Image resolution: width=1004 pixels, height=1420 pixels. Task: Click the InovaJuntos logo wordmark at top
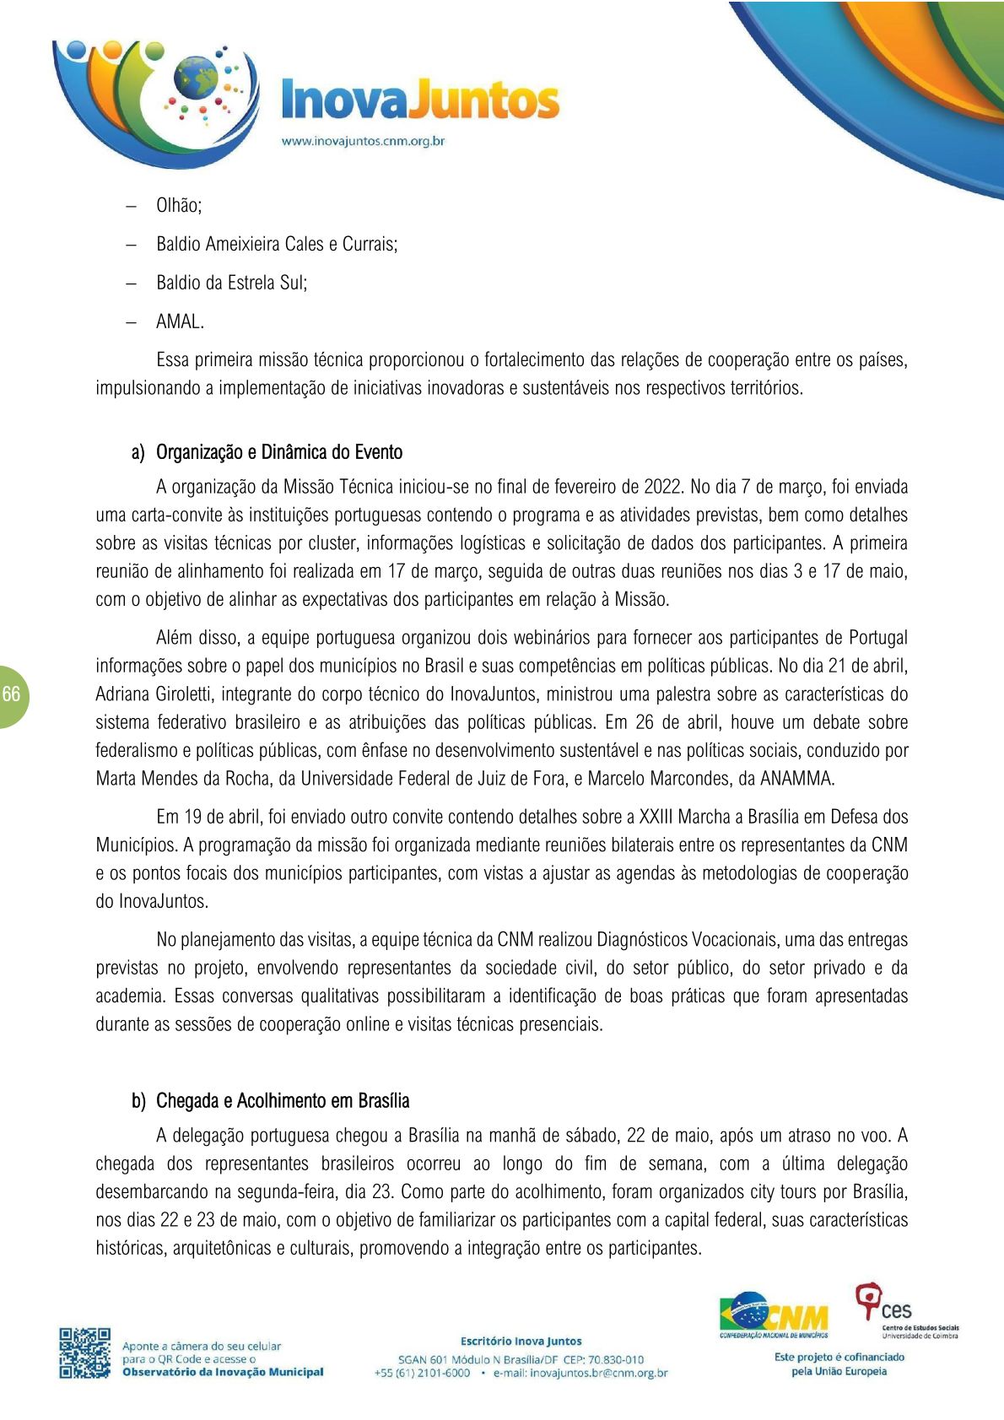tap(419, 100)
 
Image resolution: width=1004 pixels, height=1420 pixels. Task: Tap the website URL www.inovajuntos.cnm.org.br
tap(363, 141)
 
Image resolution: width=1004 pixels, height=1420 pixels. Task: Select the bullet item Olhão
tap(178, 206)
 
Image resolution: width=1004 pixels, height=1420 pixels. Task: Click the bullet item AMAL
tap(180, 321)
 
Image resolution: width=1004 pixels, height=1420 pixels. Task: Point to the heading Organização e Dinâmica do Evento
tap(278, 452)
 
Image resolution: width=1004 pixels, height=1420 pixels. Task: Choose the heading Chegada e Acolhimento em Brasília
tap(283, 1100)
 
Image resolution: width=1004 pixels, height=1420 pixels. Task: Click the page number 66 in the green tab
tap(12, 694)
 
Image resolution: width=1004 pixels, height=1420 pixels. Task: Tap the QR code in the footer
tap(84, 1353)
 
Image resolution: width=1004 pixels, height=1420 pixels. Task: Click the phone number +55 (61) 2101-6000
tap(422, 1373)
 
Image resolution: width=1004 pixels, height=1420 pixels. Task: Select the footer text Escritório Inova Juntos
tap(521, 1341)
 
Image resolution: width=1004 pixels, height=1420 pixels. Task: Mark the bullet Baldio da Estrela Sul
tap(231, 283)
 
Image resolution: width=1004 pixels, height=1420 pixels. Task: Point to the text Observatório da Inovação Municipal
tap(223, 1372)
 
